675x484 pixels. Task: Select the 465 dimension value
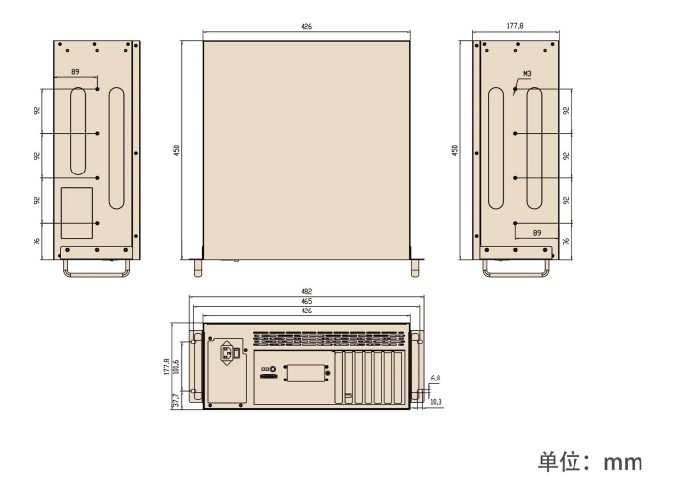[x=308, y=302]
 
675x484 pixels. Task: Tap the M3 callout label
[x=527, y=74]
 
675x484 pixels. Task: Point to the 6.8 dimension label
[x=436, y=377]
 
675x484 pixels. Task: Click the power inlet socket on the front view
[x=227, y=353]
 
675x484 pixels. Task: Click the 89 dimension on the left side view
[x=77, y=71]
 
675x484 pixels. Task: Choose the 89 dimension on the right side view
[x=537, y=232]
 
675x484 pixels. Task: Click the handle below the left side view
[x=96, y=269]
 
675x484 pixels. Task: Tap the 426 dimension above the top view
[x=306, y=27]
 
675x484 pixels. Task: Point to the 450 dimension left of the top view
[x=177, y=150]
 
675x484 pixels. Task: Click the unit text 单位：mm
[x=589, y=460]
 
